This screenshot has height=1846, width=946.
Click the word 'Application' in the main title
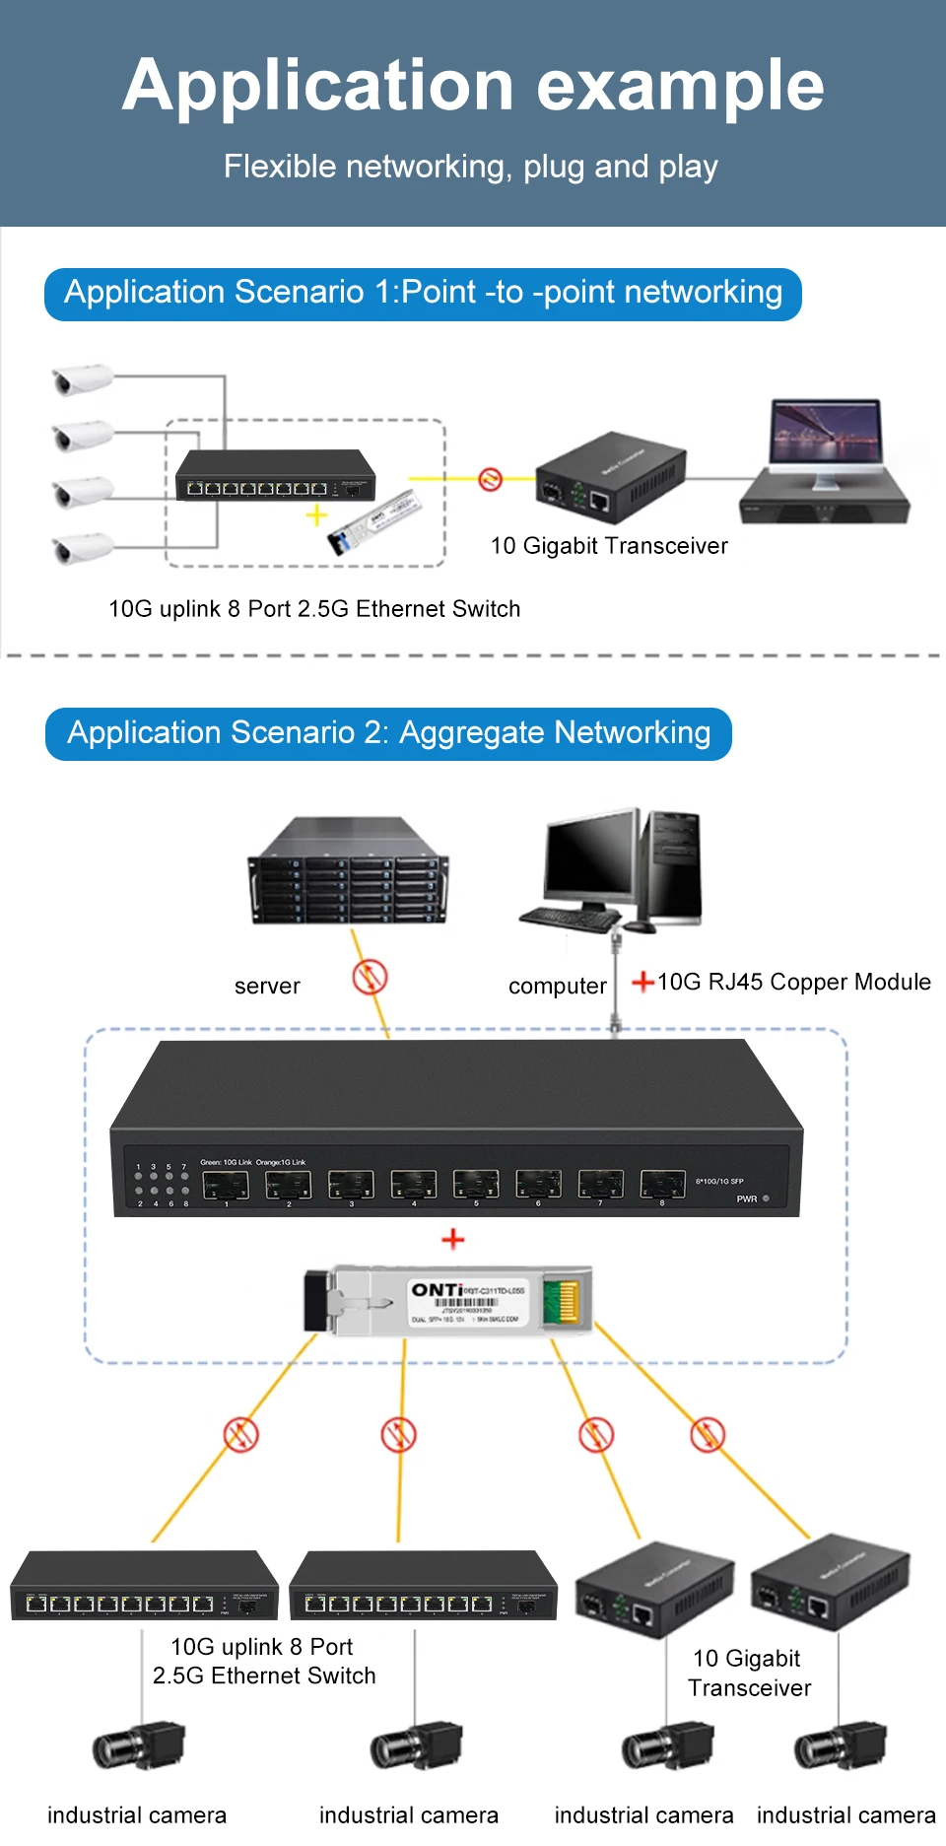317,87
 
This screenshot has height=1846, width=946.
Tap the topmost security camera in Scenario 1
82,378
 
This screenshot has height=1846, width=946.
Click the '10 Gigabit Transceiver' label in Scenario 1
609,546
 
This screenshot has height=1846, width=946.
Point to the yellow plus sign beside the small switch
316,514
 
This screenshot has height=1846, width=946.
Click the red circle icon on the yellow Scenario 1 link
490,479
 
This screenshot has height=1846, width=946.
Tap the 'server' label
267,986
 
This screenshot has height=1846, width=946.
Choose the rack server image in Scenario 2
349,871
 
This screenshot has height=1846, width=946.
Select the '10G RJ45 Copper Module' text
793,982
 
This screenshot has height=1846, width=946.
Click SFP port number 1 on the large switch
226,1185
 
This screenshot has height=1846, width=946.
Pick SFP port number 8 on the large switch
662,1184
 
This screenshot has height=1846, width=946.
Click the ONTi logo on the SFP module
437,1290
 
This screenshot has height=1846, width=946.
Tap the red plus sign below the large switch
453,1239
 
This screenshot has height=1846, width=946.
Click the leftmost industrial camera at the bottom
138,1747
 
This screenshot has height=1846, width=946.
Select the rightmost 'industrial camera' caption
845,1814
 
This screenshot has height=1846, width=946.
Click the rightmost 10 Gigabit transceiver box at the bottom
830,1583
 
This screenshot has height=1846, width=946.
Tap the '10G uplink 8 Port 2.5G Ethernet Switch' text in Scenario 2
263,1661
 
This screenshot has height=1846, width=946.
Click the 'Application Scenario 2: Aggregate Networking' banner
388,733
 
